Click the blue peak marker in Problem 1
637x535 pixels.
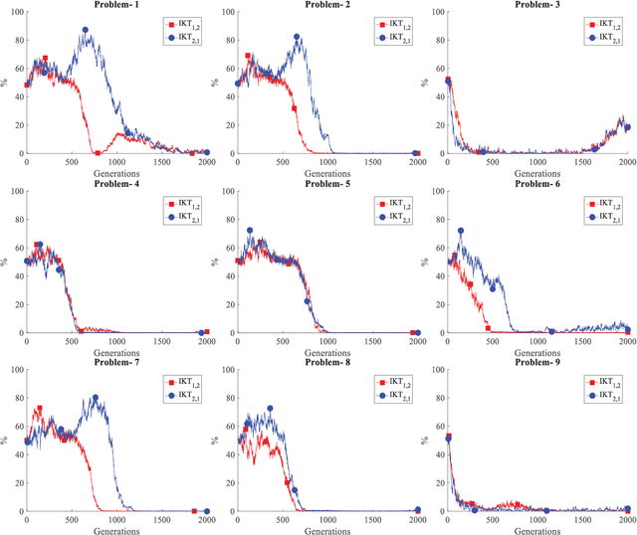[86, 31]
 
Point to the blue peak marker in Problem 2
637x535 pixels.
[297, 37]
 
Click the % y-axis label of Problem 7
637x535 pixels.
[4, 442]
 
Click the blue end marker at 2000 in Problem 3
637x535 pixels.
[627, 127]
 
